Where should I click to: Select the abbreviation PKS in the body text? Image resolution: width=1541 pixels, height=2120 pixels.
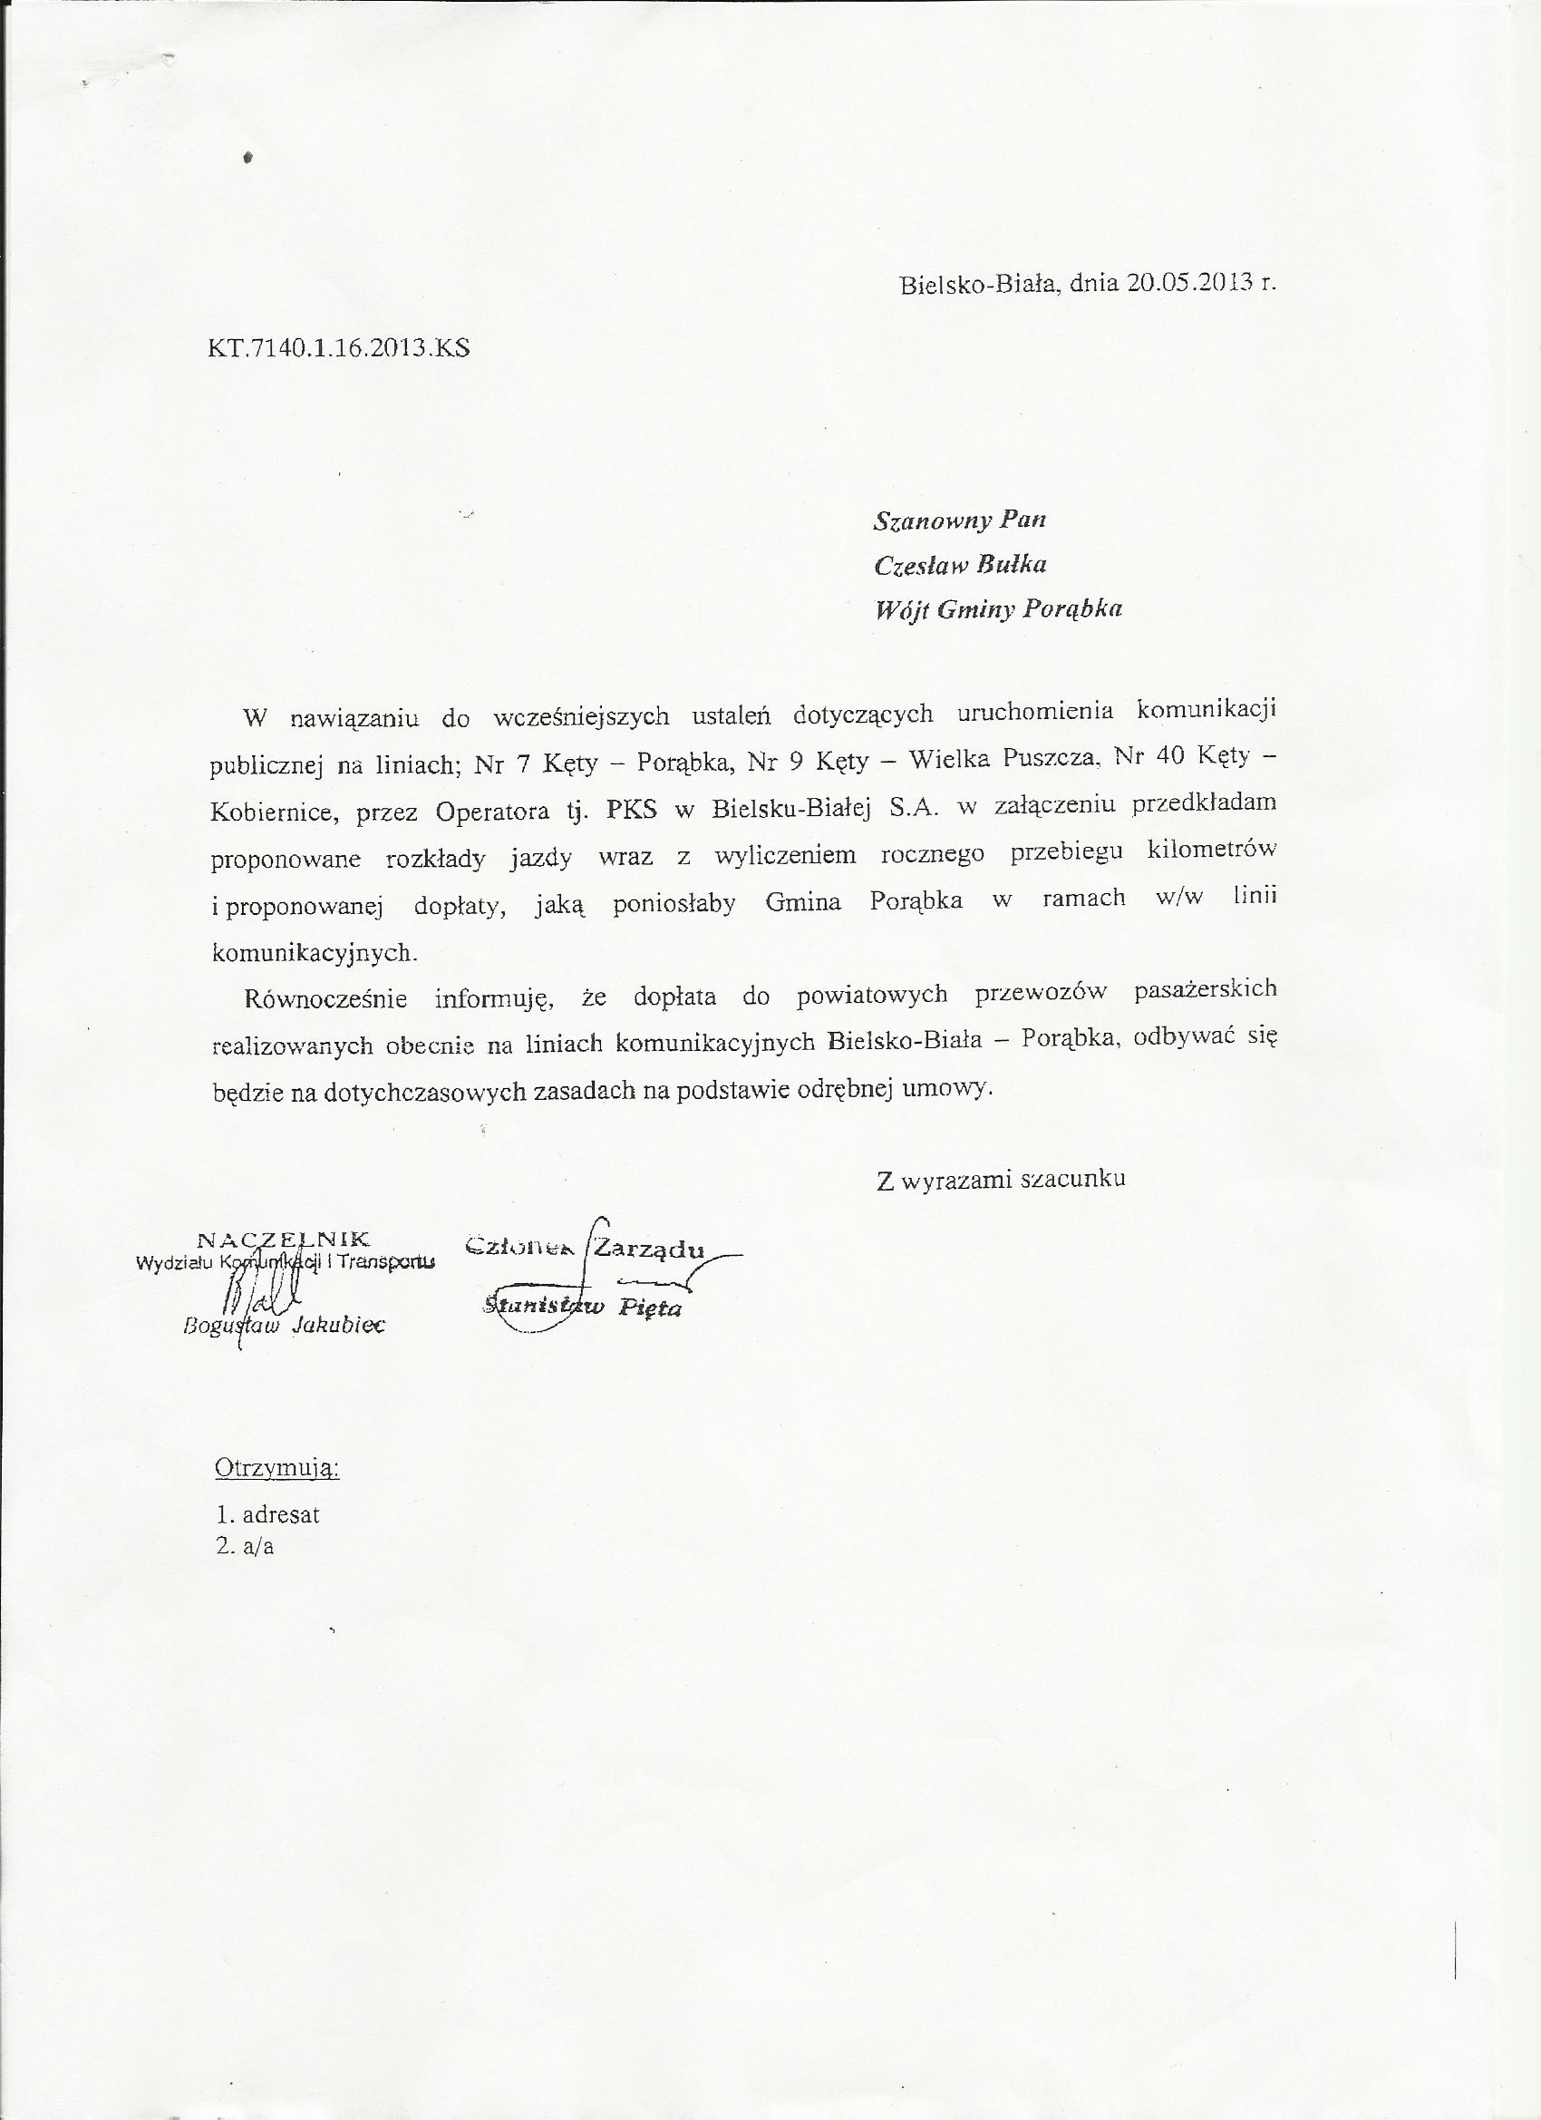632,810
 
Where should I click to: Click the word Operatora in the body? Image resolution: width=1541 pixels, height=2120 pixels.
491,812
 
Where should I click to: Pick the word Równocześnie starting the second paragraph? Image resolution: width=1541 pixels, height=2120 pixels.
326,998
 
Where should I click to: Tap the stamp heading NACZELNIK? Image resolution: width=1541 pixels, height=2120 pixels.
284,1240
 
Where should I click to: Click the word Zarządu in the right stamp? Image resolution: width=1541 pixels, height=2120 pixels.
647,1249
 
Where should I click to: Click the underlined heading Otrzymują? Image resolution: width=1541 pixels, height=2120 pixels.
276,1468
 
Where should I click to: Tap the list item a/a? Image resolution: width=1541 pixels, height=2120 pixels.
258,1546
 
